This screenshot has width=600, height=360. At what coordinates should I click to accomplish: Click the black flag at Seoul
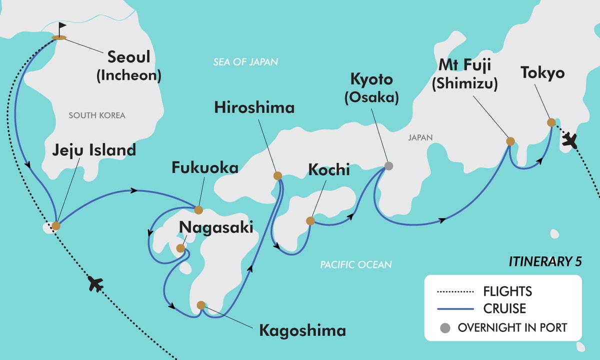click(61, 28)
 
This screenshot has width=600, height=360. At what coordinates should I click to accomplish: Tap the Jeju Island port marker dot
click(56, 225)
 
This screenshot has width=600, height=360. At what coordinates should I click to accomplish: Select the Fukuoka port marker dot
click(198, 209)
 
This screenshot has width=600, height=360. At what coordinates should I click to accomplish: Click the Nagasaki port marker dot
click(180, 248)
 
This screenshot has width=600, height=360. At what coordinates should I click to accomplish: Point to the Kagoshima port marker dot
click(201, 305)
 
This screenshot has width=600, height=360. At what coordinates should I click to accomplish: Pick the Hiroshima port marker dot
click(277, 175)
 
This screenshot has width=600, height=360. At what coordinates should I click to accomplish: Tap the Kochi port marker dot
click(310, 220)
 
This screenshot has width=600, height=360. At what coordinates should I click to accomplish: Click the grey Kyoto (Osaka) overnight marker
click(388, 166)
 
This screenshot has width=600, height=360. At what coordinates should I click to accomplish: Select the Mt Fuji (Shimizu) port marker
click(510, 141)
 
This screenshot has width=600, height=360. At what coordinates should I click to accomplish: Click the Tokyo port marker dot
click(551, 122)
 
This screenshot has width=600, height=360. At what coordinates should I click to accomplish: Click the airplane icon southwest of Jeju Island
click(95, 284)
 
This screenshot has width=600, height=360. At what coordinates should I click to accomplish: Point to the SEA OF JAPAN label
click(245, 62)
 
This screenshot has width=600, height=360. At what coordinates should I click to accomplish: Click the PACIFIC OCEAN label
click(355, 264)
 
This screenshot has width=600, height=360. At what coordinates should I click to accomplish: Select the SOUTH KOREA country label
click(97, 115)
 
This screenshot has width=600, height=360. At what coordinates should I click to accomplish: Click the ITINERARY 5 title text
click(545, 261)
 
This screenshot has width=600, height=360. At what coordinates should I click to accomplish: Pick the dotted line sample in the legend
click(454, 291)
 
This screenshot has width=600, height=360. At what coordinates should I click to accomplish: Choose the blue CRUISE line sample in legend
click(454, 309)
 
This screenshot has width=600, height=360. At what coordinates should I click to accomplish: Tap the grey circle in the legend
click(444, 328)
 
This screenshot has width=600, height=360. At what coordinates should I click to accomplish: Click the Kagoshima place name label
click(302, 330)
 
